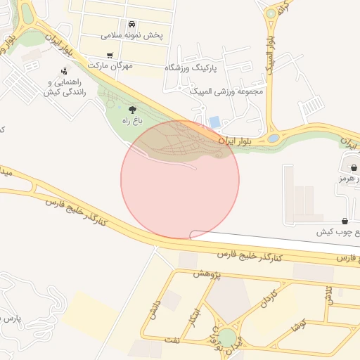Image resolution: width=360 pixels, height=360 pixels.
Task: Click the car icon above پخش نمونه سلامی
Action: [131, 24]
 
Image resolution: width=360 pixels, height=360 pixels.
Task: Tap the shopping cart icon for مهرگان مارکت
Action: [109, 55]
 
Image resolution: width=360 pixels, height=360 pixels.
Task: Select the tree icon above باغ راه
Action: [133, 109]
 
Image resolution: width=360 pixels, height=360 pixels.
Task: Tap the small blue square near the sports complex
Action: [214, 122]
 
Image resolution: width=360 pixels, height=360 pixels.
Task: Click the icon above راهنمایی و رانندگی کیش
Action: [65, 71]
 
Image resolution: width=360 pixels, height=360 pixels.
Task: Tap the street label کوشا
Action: [297, 327]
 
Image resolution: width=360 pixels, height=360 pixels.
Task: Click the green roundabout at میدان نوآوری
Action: [227, 338]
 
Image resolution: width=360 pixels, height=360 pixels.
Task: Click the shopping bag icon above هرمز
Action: [353, 168]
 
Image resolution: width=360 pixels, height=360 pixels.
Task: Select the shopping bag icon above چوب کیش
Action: [344, 221]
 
